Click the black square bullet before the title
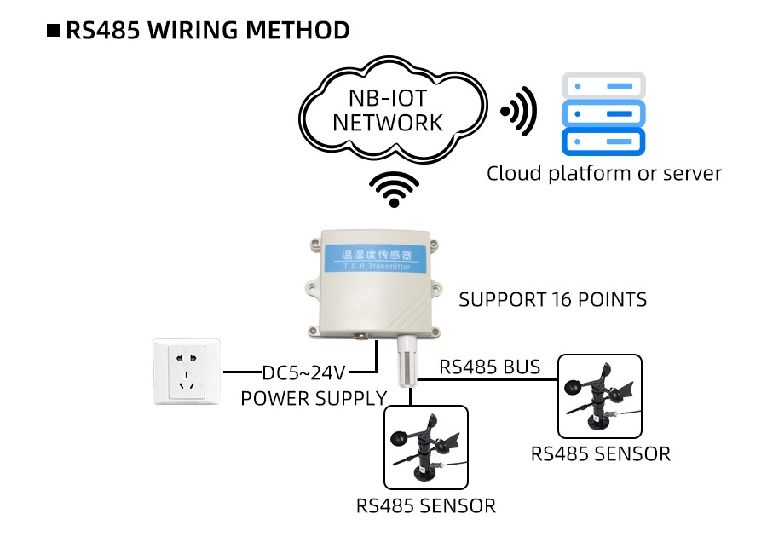click(53, 32)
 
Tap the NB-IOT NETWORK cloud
click(388, 111)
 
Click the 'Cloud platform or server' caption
click(603, 174)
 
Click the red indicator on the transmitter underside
click(372, 338)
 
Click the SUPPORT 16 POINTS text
click(552, 300)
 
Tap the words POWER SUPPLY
click(314, 398)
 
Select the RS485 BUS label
click(489, 367)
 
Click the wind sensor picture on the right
click(599, 396)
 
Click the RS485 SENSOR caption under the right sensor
click(600, 453)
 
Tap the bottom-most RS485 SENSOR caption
click(425, 505)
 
